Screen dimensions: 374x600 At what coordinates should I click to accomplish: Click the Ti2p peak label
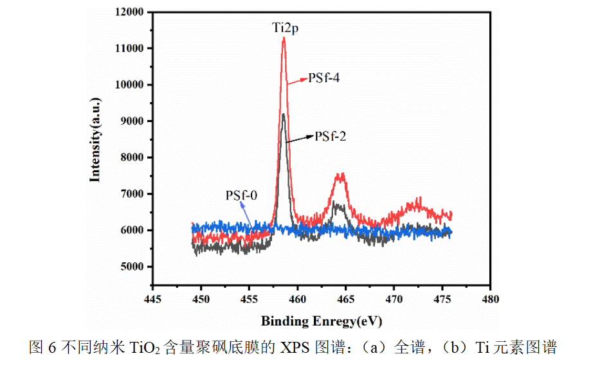284,28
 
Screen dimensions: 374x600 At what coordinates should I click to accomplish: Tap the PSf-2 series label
331,136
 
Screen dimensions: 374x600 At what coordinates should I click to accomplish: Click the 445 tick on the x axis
153,299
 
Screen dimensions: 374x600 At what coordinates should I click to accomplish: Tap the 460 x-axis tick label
298,299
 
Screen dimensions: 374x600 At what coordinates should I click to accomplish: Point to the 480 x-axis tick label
491,299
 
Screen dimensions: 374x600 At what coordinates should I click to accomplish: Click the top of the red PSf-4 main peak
284,39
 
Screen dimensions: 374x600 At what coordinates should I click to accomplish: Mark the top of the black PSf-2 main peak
283,115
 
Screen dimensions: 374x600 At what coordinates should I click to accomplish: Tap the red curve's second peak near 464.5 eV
341,175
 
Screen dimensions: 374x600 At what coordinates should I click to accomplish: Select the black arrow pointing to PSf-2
300,139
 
